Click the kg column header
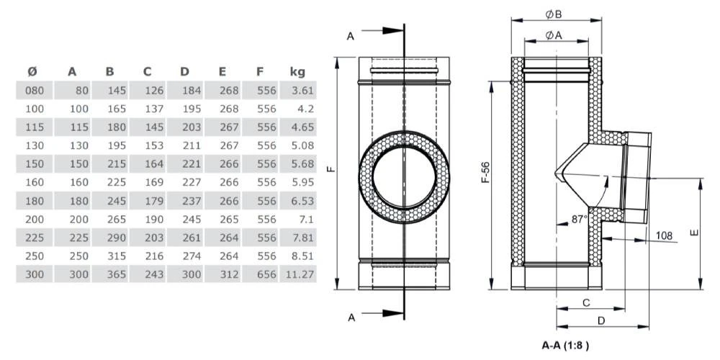[297, 71]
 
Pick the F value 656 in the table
[266, 274]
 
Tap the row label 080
[35, 91]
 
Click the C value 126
[154, 91]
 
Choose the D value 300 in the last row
[192, 274]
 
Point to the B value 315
[117, 256]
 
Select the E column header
[222, 71]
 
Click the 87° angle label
[580, 220]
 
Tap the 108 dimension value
[664, 236]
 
